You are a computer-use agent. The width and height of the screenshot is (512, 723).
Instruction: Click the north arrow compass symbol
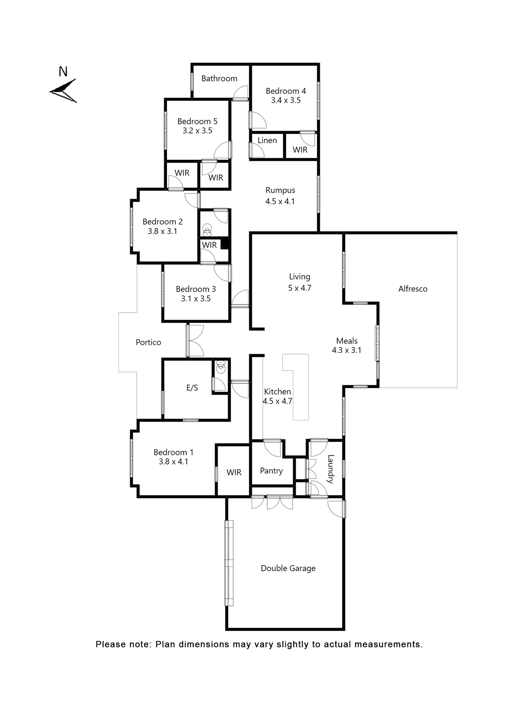tap(63, 91)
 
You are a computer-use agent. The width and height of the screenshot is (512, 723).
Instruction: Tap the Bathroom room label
tap(219, 78)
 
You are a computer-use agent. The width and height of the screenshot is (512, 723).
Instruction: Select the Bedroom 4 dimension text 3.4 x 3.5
tap(285, 100)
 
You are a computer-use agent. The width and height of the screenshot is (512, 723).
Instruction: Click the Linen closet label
tap(267, 140)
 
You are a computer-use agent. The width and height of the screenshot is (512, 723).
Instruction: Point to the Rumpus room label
tap(280, 190)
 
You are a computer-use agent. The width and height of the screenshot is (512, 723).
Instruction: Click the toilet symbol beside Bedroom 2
tap(207, 230)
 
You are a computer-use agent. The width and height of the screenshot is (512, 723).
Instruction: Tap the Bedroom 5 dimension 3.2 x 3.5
tap(197, 131)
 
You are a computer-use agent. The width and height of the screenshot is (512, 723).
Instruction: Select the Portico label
tap(148, 342)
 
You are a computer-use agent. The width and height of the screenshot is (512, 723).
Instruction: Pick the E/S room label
tap(192, 388)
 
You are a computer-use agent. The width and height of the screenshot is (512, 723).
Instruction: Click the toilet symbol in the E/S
tap(221, 367)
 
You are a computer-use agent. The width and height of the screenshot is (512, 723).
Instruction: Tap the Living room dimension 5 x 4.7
tap(299, 288)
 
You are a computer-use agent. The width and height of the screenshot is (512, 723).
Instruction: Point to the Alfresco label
tap(412, 289)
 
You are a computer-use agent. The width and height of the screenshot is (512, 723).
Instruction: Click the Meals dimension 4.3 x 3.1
tap(346, 350)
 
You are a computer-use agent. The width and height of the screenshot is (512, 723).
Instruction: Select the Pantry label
tap(271, 471)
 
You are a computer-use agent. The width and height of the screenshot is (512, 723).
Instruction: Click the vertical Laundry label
tap(330, 469)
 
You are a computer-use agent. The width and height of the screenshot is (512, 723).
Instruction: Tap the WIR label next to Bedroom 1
tap(234, 472)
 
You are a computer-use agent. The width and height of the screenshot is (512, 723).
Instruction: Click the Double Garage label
tap(288, 568)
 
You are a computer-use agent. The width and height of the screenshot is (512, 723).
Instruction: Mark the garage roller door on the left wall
tap(228, 563)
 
